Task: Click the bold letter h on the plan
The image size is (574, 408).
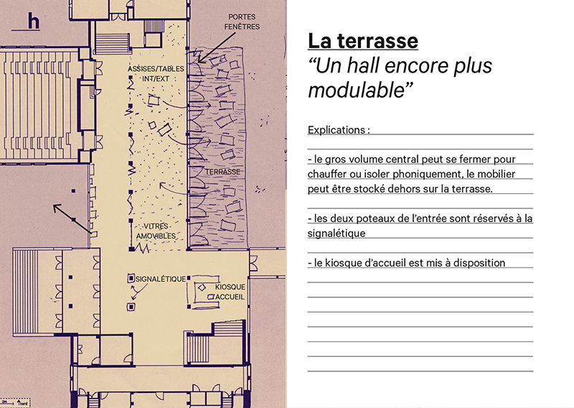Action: (x=33, y=22)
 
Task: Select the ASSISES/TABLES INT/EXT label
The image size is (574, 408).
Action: (x=156, y=73)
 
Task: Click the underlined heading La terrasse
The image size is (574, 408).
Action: (x=362, y=41)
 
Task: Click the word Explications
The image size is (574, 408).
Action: (x=337, y=130)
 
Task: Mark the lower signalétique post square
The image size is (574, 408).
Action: (x=131, y=307)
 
